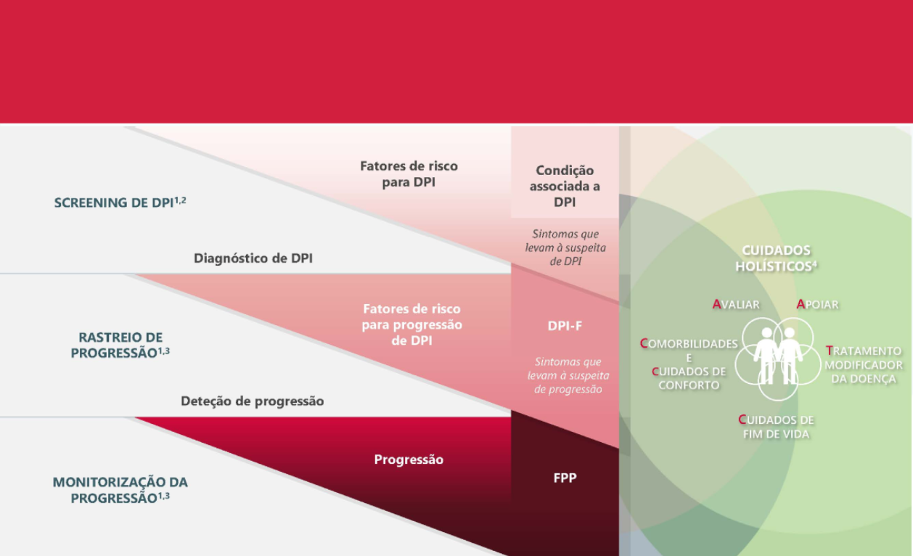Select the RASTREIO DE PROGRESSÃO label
point(120,345)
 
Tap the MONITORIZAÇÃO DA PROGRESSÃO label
point(120,490)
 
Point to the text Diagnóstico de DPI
point(253,258)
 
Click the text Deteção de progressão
point(252,401)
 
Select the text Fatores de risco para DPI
point(409,174)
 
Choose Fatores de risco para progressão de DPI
point(411,324)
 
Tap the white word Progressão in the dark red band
point(409,459)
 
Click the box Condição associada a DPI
point(564,186)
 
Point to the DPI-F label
point(565,326)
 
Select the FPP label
point(565,478)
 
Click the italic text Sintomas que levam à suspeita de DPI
point(565,248)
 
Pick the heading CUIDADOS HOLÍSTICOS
point(776,258)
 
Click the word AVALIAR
point(736,304)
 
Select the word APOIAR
point(817,304)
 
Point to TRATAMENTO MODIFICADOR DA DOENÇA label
point(864,364)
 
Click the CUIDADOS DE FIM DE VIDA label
point(776,427)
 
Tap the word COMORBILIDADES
point(689,343)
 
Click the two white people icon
point(777,354)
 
